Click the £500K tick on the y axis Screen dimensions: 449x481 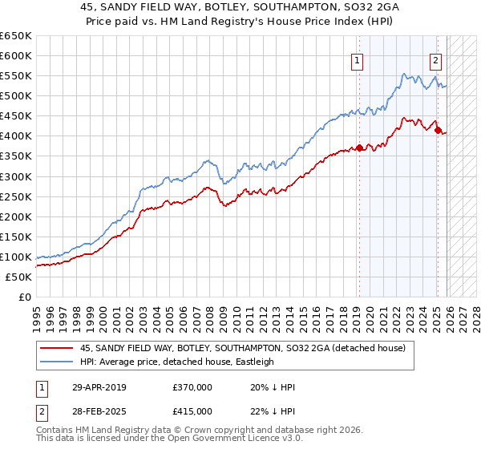click(x=16, y=96)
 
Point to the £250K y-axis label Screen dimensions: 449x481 click(x=16, y=196)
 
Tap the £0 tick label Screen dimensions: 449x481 click(x=26, y=297)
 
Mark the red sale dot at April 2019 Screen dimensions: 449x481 click(x=360, y=148)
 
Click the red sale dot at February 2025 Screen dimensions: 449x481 click(x=438, y=130)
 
